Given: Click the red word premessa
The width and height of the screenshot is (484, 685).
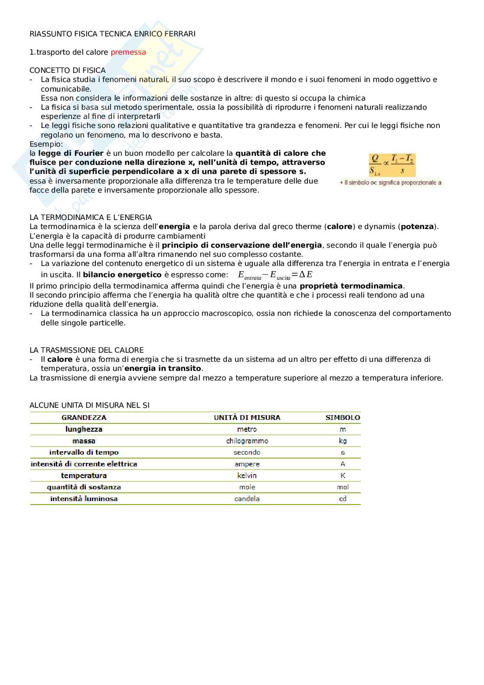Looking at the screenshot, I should click(128, 52).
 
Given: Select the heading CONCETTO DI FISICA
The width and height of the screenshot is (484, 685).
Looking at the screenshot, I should click(67, 70).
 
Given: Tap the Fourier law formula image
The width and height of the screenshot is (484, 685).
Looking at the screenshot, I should click(392, 165).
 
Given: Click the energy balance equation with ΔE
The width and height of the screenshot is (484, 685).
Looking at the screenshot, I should click(275, 275).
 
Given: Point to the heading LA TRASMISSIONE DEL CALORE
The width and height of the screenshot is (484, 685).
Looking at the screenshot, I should click(86, 350).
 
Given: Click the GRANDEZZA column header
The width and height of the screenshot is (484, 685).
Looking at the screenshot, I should click(84, 417).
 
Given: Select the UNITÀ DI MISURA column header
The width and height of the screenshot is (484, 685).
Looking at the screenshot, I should click(247, 417).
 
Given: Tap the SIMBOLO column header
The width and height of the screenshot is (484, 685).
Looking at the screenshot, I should click(343, 417).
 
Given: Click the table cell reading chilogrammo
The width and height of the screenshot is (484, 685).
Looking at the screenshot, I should click(247, 441).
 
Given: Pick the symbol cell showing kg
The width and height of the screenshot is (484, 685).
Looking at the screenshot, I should click(343, 441).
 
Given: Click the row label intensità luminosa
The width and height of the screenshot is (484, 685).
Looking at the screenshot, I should click(84, 498).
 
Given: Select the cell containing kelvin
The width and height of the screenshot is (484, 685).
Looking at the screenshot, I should click(247, 475).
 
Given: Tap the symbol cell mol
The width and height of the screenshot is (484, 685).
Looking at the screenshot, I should click(343, 487).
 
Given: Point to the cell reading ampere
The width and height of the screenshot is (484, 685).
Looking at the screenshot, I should click(247, 464).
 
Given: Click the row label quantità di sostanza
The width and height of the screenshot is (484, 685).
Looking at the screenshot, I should click(84, 487).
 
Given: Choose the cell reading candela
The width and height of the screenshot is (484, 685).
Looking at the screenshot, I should click(247, 498).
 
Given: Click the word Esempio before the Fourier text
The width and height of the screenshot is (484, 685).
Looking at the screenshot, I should click(46, 144).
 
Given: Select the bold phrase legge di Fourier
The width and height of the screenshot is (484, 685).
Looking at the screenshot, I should click(71, 153).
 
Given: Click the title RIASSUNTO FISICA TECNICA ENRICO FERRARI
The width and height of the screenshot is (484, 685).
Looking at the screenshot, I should click(112, 34).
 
